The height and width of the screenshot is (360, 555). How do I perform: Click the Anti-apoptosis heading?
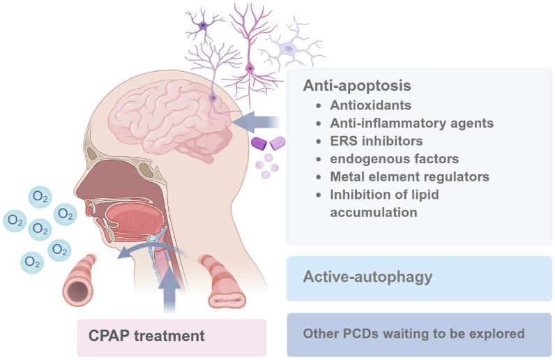356,86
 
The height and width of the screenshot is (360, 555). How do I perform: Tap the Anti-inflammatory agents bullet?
412,123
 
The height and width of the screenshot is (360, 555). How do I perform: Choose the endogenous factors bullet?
394,159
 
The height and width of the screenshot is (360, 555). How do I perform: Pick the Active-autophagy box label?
367,277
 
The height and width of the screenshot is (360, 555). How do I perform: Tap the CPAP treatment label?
146,336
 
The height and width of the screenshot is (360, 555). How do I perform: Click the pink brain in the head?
174,119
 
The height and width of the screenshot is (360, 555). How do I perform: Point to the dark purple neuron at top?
203,26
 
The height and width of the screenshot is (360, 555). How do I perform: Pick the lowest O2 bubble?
32,262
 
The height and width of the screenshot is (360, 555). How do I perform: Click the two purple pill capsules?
268,143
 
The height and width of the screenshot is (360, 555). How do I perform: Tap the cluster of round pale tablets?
267,167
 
